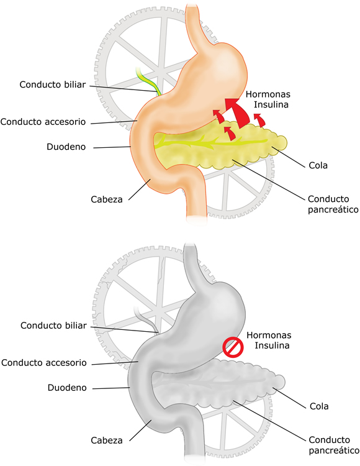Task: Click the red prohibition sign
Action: coord(233,347)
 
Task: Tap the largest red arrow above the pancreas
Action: coord(238,113)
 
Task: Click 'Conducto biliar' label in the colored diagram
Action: coord(53,85)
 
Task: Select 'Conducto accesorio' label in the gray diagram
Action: coord(44,363)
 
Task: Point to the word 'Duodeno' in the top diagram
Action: coord(66,147)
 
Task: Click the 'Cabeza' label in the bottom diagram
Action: coord(107,440)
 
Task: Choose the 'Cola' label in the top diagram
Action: coord(318,165)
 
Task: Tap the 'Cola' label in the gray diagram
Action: coord(319,406)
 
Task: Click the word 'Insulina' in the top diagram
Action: coord(271,104)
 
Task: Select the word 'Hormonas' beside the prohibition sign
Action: coord(269,336)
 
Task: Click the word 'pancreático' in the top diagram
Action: coord(333,209)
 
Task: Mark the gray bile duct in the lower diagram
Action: coord(146,321)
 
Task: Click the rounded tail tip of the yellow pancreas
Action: coord(281,142)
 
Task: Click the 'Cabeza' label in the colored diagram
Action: coord(107,199)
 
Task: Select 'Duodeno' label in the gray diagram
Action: coord(67,388)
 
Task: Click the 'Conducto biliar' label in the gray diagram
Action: coord(53,326)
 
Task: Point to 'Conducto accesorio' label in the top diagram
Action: coord(43,122)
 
